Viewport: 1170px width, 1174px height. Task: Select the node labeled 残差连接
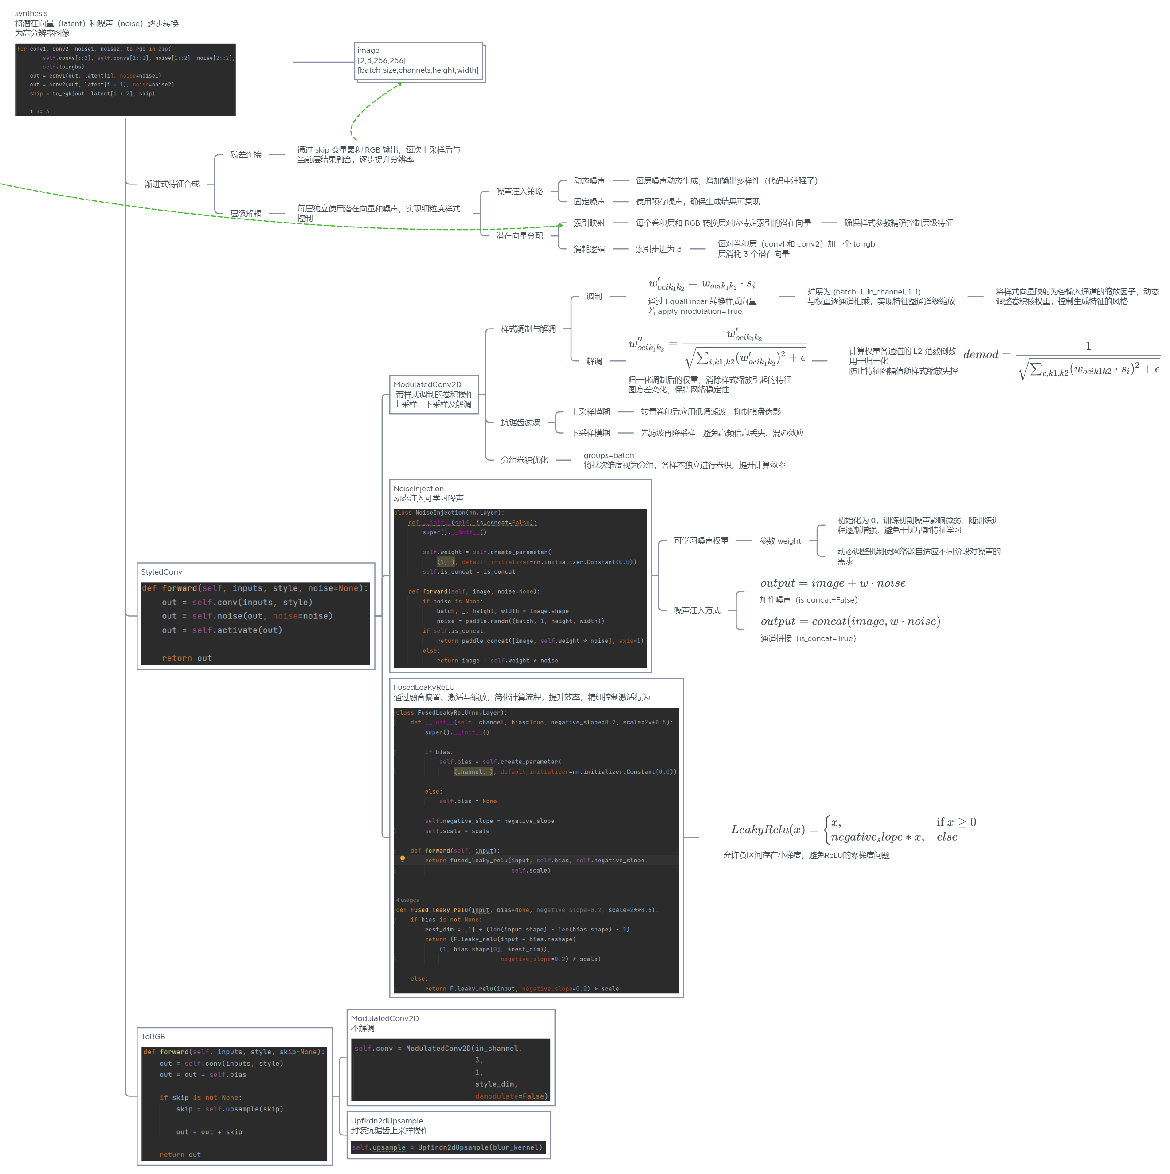(246, 155)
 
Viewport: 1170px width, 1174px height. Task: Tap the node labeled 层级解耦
(246, 214)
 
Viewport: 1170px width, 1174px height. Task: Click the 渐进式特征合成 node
(172, 184)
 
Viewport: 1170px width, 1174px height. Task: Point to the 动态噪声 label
(589, 181)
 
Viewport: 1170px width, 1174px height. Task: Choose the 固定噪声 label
(589, 202)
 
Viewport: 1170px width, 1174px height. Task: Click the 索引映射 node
(589, 223)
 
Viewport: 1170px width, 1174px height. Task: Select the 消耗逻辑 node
(589, 249)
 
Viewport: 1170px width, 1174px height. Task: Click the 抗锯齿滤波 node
(520, 423)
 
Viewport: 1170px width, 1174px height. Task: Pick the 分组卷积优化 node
(524, 461)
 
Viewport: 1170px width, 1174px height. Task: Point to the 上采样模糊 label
(590, 412)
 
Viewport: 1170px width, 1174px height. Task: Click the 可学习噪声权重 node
(701, 541)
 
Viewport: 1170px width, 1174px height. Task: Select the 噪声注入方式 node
(697, 610)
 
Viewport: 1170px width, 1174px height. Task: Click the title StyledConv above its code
(162, 572)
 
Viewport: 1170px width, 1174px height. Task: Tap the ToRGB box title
(153, 1037)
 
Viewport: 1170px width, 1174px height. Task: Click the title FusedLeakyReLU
(424, 687)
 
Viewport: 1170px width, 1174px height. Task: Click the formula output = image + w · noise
(833, 583)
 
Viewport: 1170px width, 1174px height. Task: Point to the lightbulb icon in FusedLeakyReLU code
(403, 859)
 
